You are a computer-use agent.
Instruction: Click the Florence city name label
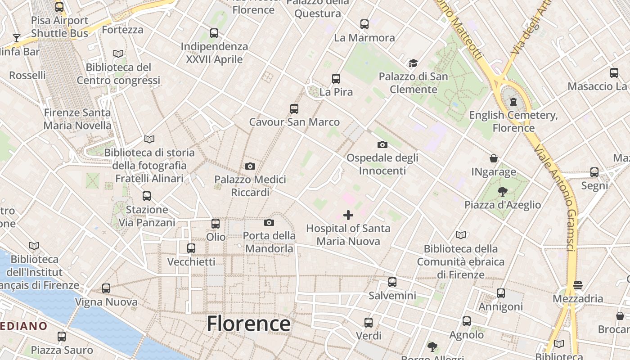pos(248,324)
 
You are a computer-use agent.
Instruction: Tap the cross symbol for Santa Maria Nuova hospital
pos(348,215)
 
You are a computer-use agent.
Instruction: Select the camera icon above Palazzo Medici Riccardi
pos(250,166)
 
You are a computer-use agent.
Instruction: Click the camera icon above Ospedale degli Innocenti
pos(382,144)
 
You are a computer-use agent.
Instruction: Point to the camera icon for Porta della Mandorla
pos(269,222)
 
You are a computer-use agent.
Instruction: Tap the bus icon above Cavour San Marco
pos(294,108)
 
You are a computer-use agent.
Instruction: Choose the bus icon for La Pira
pos(336,79)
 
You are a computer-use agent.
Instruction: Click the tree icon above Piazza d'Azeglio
pos(502,192)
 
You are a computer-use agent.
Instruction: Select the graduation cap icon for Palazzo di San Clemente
pos(413,63)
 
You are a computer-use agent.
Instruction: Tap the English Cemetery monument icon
pos(513,102)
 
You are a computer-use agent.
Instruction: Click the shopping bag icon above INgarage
pos(494,158)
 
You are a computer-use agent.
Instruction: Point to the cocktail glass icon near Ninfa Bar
pos(17,38)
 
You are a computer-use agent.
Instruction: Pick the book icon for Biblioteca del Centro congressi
pos(118,54)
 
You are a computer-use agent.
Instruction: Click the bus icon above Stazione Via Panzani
pos(147,196)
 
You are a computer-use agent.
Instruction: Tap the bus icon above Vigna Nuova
pos(106,288)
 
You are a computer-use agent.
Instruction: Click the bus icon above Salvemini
pos(392,282)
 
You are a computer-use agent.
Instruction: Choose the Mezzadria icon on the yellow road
pos(578,285)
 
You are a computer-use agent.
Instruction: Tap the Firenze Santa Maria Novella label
pos(77,119)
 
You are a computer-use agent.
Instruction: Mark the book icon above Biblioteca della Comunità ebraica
pos(461,235)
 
